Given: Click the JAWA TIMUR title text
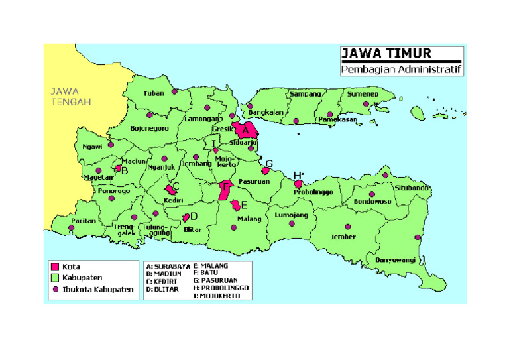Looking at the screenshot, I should tap(386, 54).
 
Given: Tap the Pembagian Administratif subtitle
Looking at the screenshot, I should tap(401, 70).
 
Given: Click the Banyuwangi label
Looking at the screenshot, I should tap(395, 259).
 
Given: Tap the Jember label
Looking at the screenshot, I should tap(343, 237).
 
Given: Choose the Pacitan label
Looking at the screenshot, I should tap(85, 220).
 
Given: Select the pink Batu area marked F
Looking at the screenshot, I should tap(225, 189).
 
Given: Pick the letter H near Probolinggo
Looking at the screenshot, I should tap(298, 175).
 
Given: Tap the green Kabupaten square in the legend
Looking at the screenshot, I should tap(55, 278).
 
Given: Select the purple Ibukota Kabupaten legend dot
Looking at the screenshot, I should tap(55, 290).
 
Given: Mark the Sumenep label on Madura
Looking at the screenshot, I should tap(381, 95).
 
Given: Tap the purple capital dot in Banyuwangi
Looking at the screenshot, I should tap(418, 237).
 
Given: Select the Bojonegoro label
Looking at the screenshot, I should tap(149, 128).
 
